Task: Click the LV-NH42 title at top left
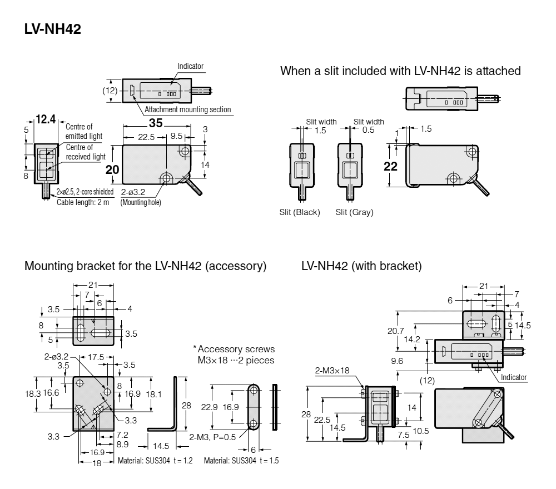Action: coord(53,29)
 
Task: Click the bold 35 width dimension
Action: coord(156,123)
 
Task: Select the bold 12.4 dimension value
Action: coord(46,118)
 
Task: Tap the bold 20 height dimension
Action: coord(113,169)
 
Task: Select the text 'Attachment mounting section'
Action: coord(187,110)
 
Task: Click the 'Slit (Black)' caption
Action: coord(300,212)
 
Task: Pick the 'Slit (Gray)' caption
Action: coord(355,212)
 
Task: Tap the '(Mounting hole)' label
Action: coord(141,202)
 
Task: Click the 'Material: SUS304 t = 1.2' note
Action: coord(155,461)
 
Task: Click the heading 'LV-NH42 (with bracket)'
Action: coord(361,266)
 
